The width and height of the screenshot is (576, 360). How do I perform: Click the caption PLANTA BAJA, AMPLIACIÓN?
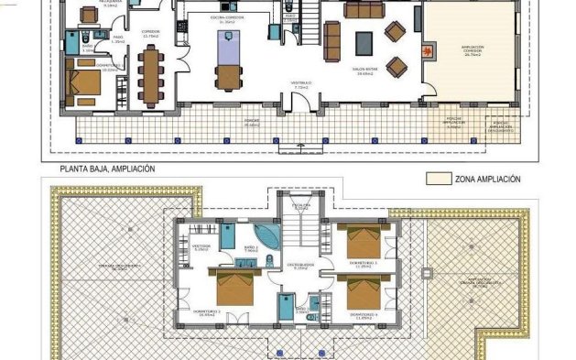[107, 169]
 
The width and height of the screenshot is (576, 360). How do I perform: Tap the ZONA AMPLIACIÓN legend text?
[488, 180]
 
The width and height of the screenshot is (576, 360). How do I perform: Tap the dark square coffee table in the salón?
[364, 42]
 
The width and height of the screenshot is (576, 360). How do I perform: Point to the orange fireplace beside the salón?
[425, 50]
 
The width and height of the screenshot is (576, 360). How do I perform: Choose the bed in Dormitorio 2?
[235, 286]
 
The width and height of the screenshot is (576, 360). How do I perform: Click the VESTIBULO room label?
[301, 84]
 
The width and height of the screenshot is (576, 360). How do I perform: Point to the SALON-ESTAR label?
[366, 70]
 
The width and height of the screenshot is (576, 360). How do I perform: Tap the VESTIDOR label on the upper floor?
[201, 246]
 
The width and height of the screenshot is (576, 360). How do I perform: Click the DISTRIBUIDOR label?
[299, 266]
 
